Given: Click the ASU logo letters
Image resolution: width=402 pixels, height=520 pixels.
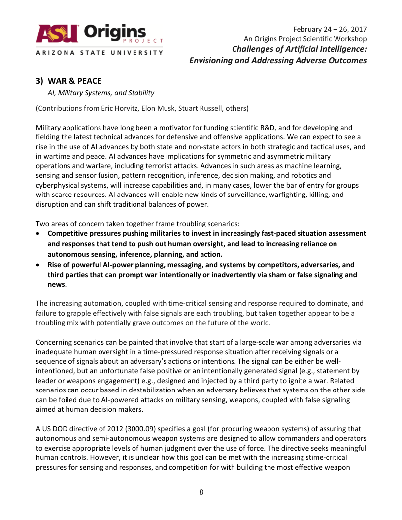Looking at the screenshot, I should [x=57, y=33].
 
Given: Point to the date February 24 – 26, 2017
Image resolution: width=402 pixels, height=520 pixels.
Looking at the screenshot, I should [x=330, y=29].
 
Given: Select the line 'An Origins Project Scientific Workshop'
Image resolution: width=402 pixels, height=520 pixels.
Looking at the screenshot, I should [x=305, y=39].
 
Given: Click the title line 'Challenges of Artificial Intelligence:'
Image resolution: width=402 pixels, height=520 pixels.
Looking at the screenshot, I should [x=299, y=49].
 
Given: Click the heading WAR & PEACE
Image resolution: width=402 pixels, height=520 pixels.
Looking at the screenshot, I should [x=74, y=81].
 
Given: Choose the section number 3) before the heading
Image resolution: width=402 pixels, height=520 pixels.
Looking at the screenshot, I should [x=40, y=81].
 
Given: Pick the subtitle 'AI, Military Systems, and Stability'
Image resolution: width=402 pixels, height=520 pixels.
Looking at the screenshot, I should [x=101, y=92].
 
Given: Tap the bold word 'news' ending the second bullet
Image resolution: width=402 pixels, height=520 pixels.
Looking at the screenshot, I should [x=56, y=285].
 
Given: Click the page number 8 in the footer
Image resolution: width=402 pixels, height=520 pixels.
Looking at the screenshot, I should [x=201, y=492].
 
